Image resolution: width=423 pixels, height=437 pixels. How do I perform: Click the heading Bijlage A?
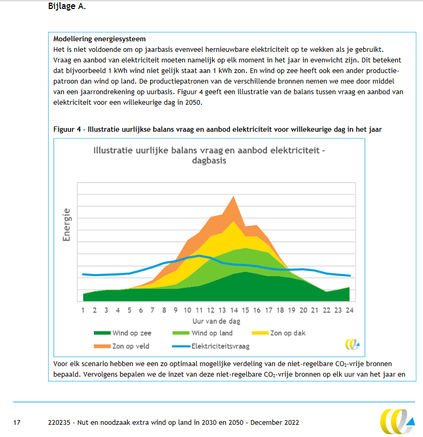point(67,7)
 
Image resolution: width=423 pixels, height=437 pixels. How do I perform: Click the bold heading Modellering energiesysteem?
point(100,39)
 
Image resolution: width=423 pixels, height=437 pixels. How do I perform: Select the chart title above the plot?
point(209,156)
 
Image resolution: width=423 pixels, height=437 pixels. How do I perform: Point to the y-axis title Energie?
point(67,225)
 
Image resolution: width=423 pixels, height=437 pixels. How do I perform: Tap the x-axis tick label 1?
point(83,311)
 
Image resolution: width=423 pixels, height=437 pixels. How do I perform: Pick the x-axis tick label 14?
point(234,311)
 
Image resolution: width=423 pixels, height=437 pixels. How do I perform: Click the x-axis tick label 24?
point(349,311)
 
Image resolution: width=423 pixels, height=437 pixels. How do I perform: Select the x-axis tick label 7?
point(153,311)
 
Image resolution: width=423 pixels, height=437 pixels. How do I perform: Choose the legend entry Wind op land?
point(212,333)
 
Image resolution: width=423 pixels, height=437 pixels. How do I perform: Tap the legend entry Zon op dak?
point(287,333)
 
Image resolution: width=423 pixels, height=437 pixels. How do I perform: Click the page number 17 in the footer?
point(17,423)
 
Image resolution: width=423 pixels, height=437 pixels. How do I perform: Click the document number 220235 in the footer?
point(58,423)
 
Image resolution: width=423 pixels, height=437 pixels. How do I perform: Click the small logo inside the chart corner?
point(352,344)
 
